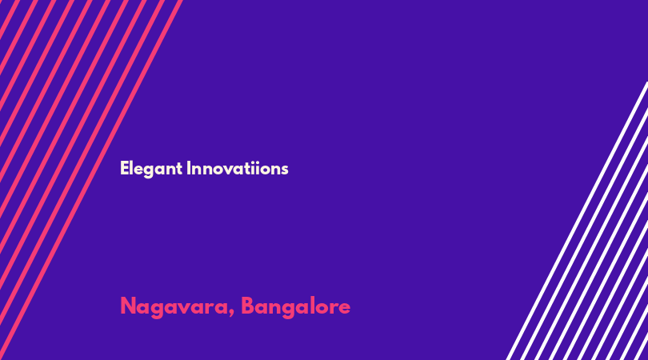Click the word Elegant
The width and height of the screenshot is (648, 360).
[x=151, y=169]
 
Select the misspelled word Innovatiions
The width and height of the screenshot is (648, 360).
[x=238, y=168]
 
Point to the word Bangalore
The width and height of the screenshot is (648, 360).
[x=295, y=307]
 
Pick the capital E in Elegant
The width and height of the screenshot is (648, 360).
[x=124, y=168]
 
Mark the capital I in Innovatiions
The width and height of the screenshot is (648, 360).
[x=189, y=168]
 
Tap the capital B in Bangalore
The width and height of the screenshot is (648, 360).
[x=247, y=306]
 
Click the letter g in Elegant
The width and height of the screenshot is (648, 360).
[x=148, y=171]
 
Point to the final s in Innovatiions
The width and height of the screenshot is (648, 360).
[x=284, y=170]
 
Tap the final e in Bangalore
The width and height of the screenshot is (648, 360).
[x=344, y=309]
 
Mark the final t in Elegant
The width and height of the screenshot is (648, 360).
[x=179, y=169]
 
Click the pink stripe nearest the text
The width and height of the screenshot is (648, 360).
[x=91, y=180]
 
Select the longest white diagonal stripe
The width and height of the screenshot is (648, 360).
[x=577, y=221]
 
